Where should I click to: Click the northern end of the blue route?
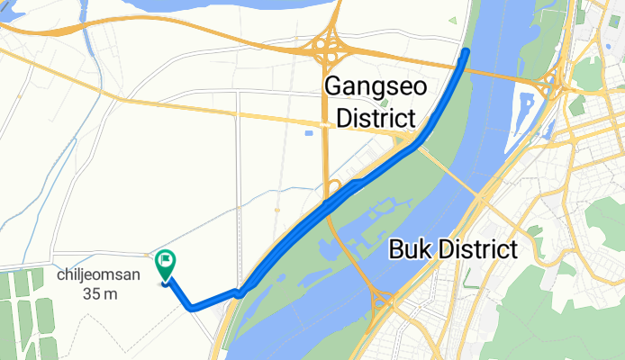[x=466, y=52]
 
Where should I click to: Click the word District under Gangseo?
[x=370, y=118]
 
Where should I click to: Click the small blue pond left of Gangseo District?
[x=308, y=133]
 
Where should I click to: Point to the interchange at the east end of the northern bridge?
[x=548, y=85]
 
